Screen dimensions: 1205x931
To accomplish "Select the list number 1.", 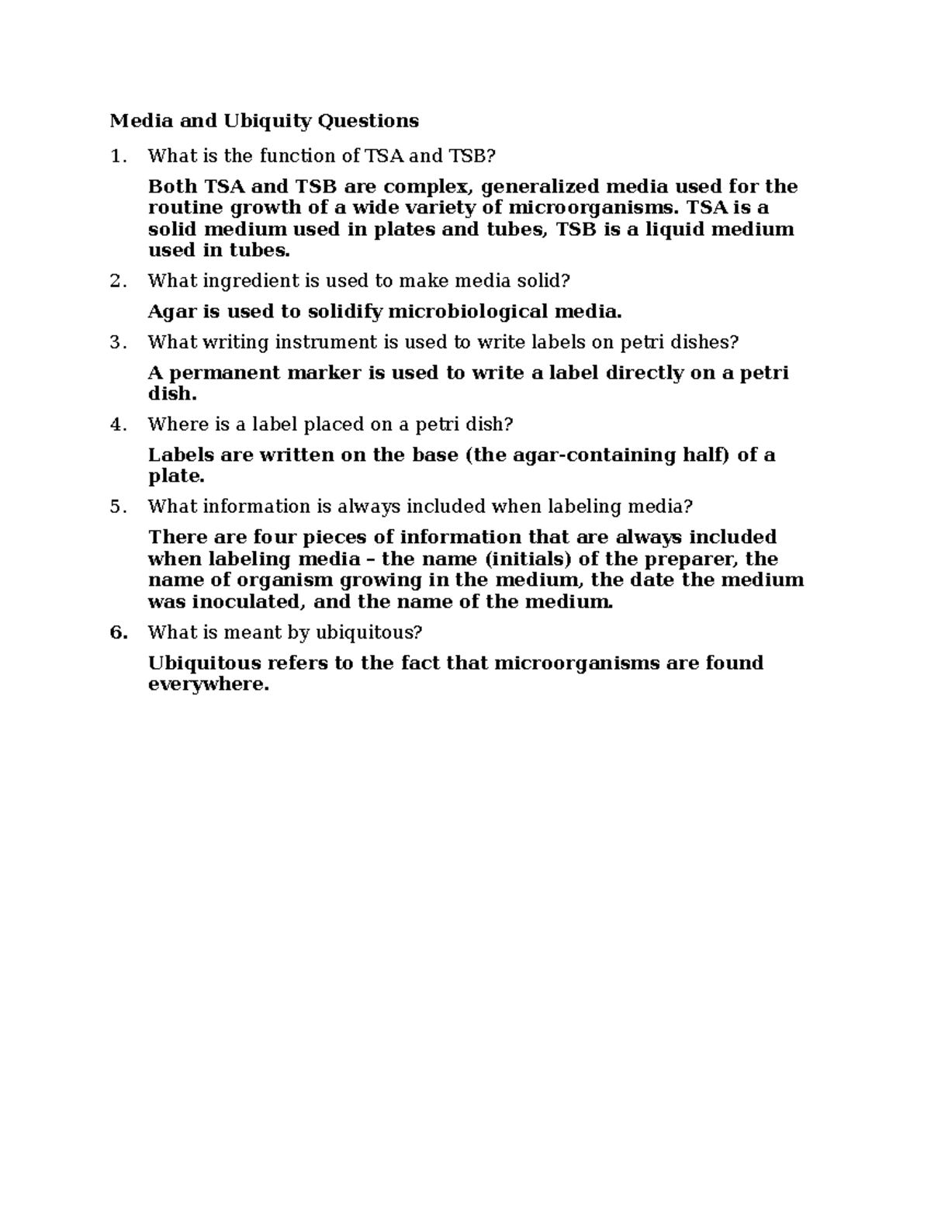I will click(116, 157).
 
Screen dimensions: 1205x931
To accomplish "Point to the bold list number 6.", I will click(117, 632).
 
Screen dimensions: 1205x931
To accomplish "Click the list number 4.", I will click(116, 424).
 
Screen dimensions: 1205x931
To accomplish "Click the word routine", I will click(184, 208).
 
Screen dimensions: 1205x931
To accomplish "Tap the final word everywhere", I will click(208, 685).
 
